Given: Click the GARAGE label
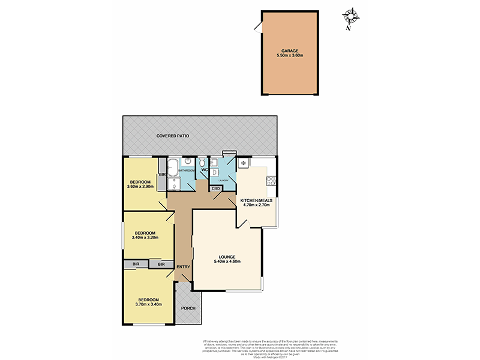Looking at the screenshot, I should (290, 50).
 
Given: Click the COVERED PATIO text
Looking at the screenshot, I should (173, 136).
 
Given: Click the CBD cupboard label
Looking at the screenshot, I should (216, 188).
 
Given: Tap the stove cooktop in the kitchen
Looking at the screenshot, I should (271, 181).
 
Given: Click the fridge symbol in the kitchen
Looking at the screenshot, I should (244, 163).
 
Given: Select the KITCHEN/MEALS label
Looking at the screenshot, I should (256, 200).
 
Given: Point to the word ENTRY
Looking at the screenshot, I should (183, 267).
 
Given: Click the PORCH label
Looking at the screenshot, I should (189, 309).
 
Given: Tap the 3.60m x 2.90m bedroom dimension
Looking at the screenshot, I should (140, 187).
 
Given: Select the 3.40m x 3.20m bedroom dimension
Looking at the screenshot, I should (145, 238).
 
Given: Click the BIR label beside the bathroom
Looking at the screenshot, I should (162, 175).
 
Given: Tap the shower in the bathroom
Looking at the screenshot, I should (173, 182).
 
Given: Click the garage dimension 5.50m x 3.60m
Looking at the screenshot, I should (290, 56).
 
